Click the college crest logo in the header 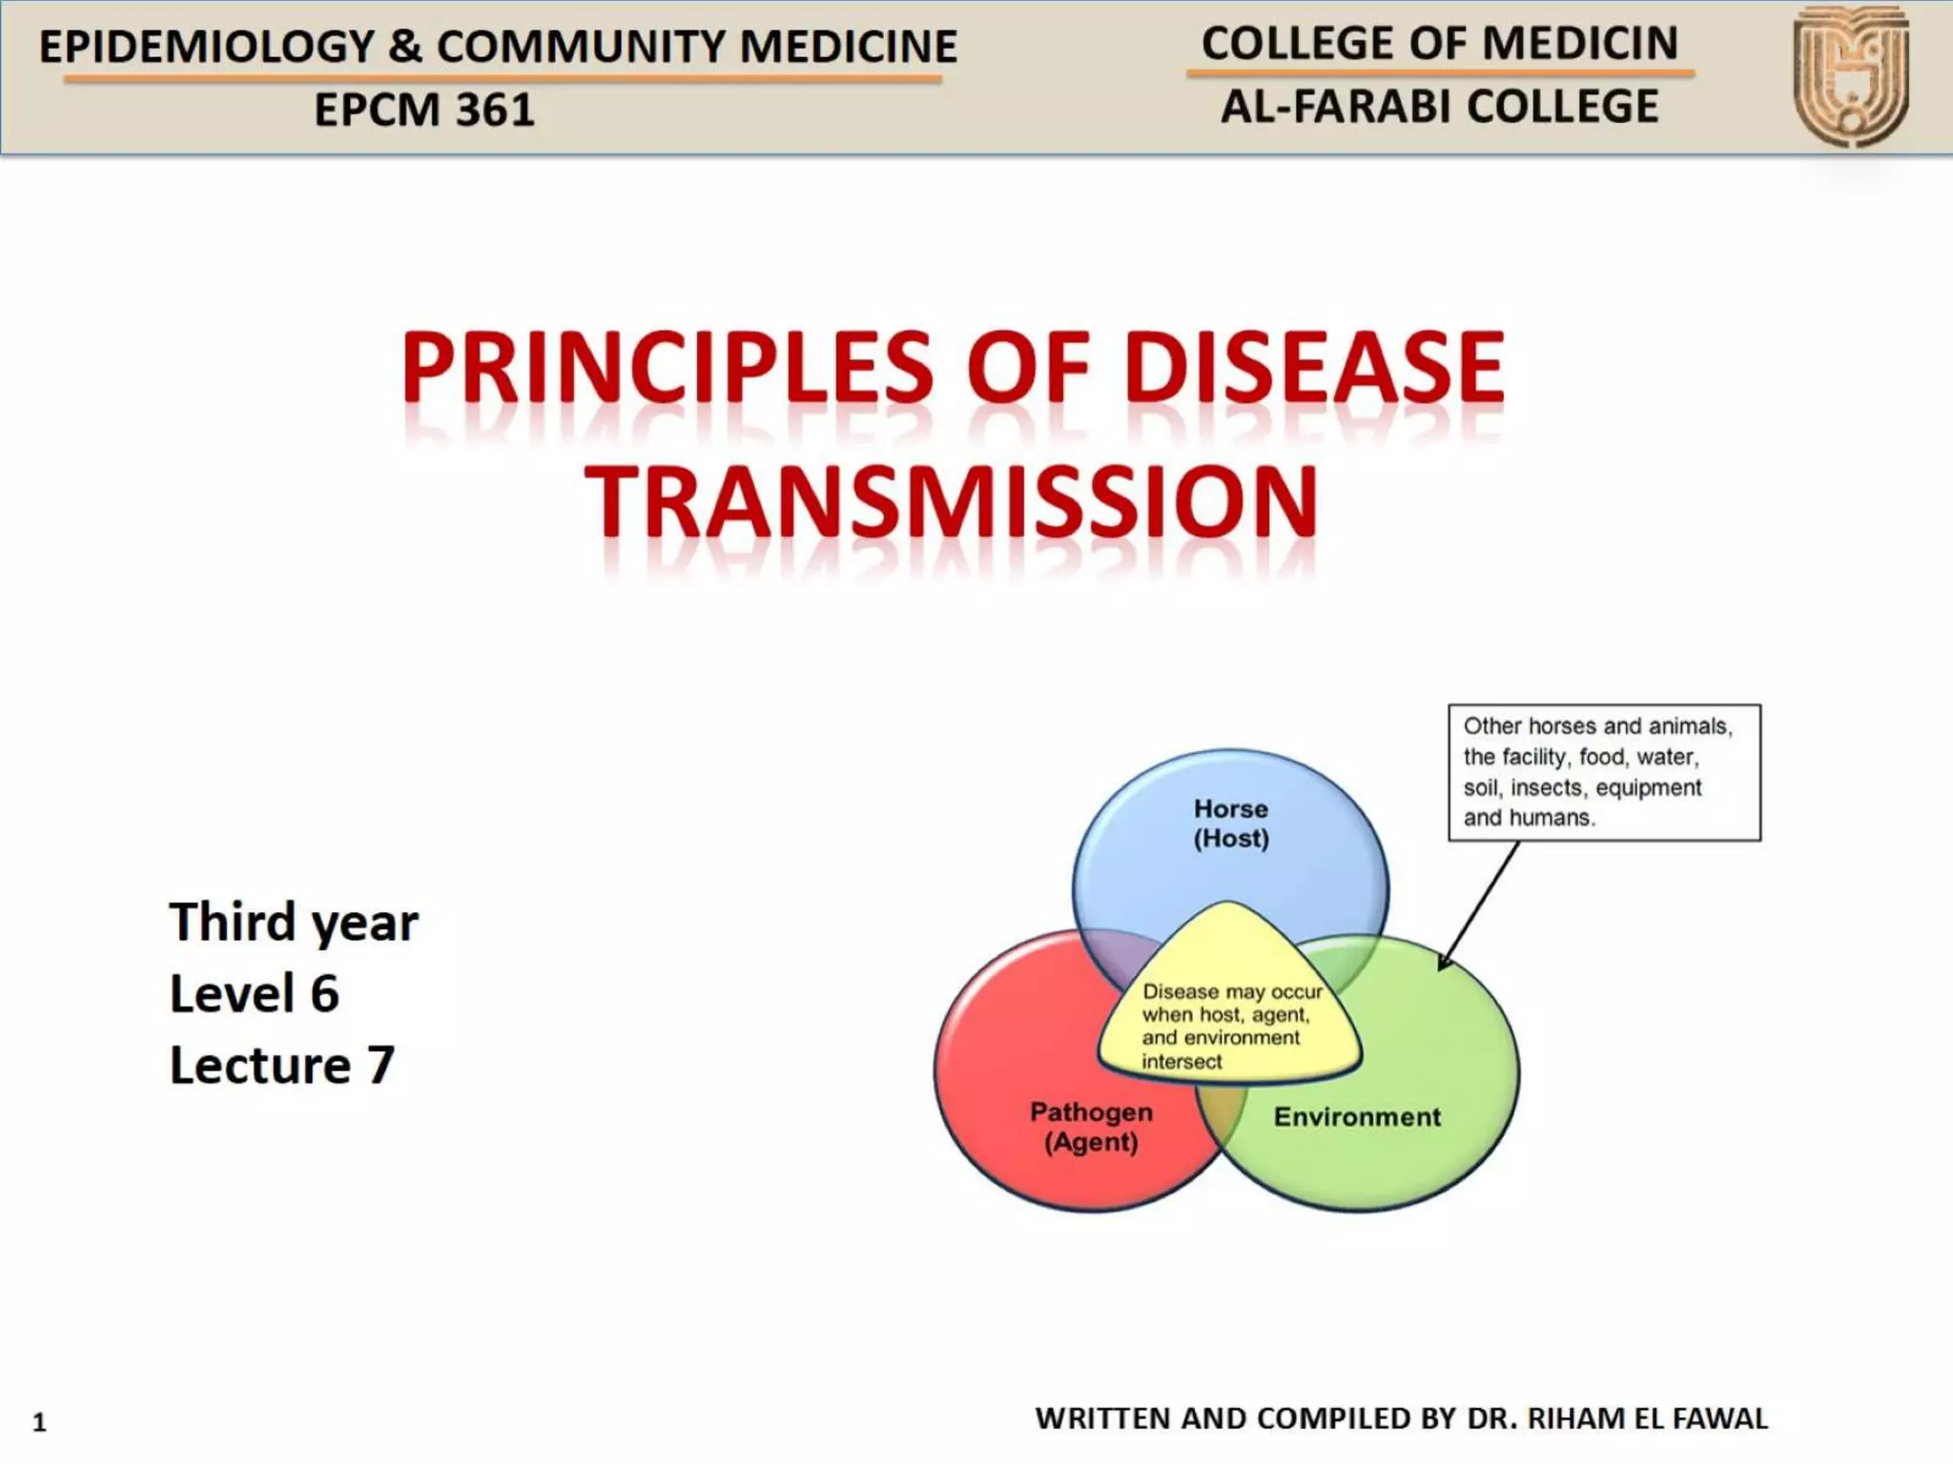tap(1850, 76)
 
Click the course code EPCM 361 tap(424, 110)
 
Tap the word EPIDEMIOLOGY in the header tap(207, 47)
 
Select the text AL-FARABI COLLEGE tap(1440, 107)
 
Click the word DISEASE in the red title tap(1314, 368)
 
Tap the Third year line tap(294, 923)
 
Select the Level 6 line tap(255, 994)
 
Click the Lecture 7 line tap(282, 1066)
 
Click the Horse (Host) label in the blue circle tap(1231, 823)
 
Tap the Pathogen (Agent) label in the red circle tap(1091, 1127)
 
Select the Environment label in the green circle tap(1357, 1116)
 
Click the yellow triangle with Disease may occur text tap(1228, 1010)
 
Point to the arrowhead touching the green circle tap(1444, 964)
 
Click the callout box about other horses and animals tap(1604, 772)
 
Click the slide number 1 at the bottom tap(39, 1422)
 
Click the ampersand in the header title tap(405, 47)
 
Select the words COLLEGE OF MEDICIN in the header tap(1440, 44)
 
